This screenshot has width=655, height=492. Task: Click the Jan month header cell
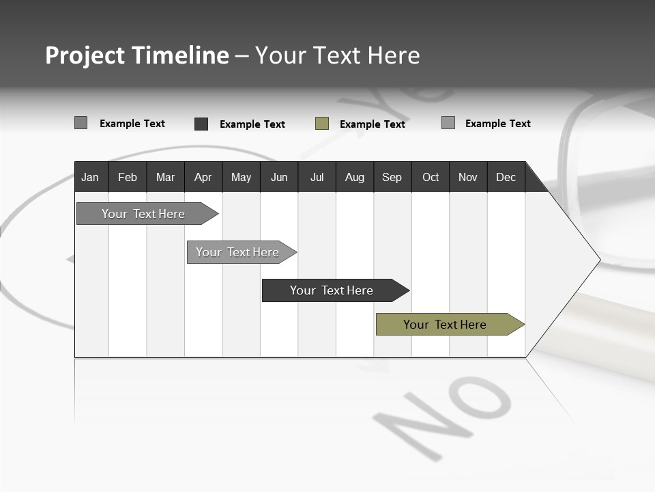coord(90,177)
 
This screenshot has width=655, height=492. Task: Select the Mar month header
coord(165,177)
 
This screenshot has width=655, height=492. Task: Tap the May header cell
coord(241,177)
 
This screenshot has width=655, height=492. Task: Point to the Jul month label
coord(317,177)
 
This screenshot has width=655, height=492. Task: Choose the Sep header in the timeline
coord(392,177)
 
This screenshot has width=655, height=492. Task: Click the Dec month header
coord(506,177)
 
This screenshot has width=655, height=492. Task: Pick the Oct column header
coord(431,177)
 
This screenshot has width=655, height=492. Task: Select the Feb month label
coord(128,177)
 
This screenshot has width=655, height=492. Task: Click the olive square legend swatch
coord(322,124)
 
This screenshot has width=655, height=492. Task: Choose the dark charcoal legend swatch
coord(201,124)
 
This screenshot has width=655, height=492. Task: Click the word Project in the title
coord(85,55)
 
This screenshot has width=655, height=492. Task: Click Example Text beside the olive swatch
coord(372,124)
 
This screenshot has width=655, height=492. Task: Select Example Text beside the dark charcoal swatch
coord(252,124)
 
